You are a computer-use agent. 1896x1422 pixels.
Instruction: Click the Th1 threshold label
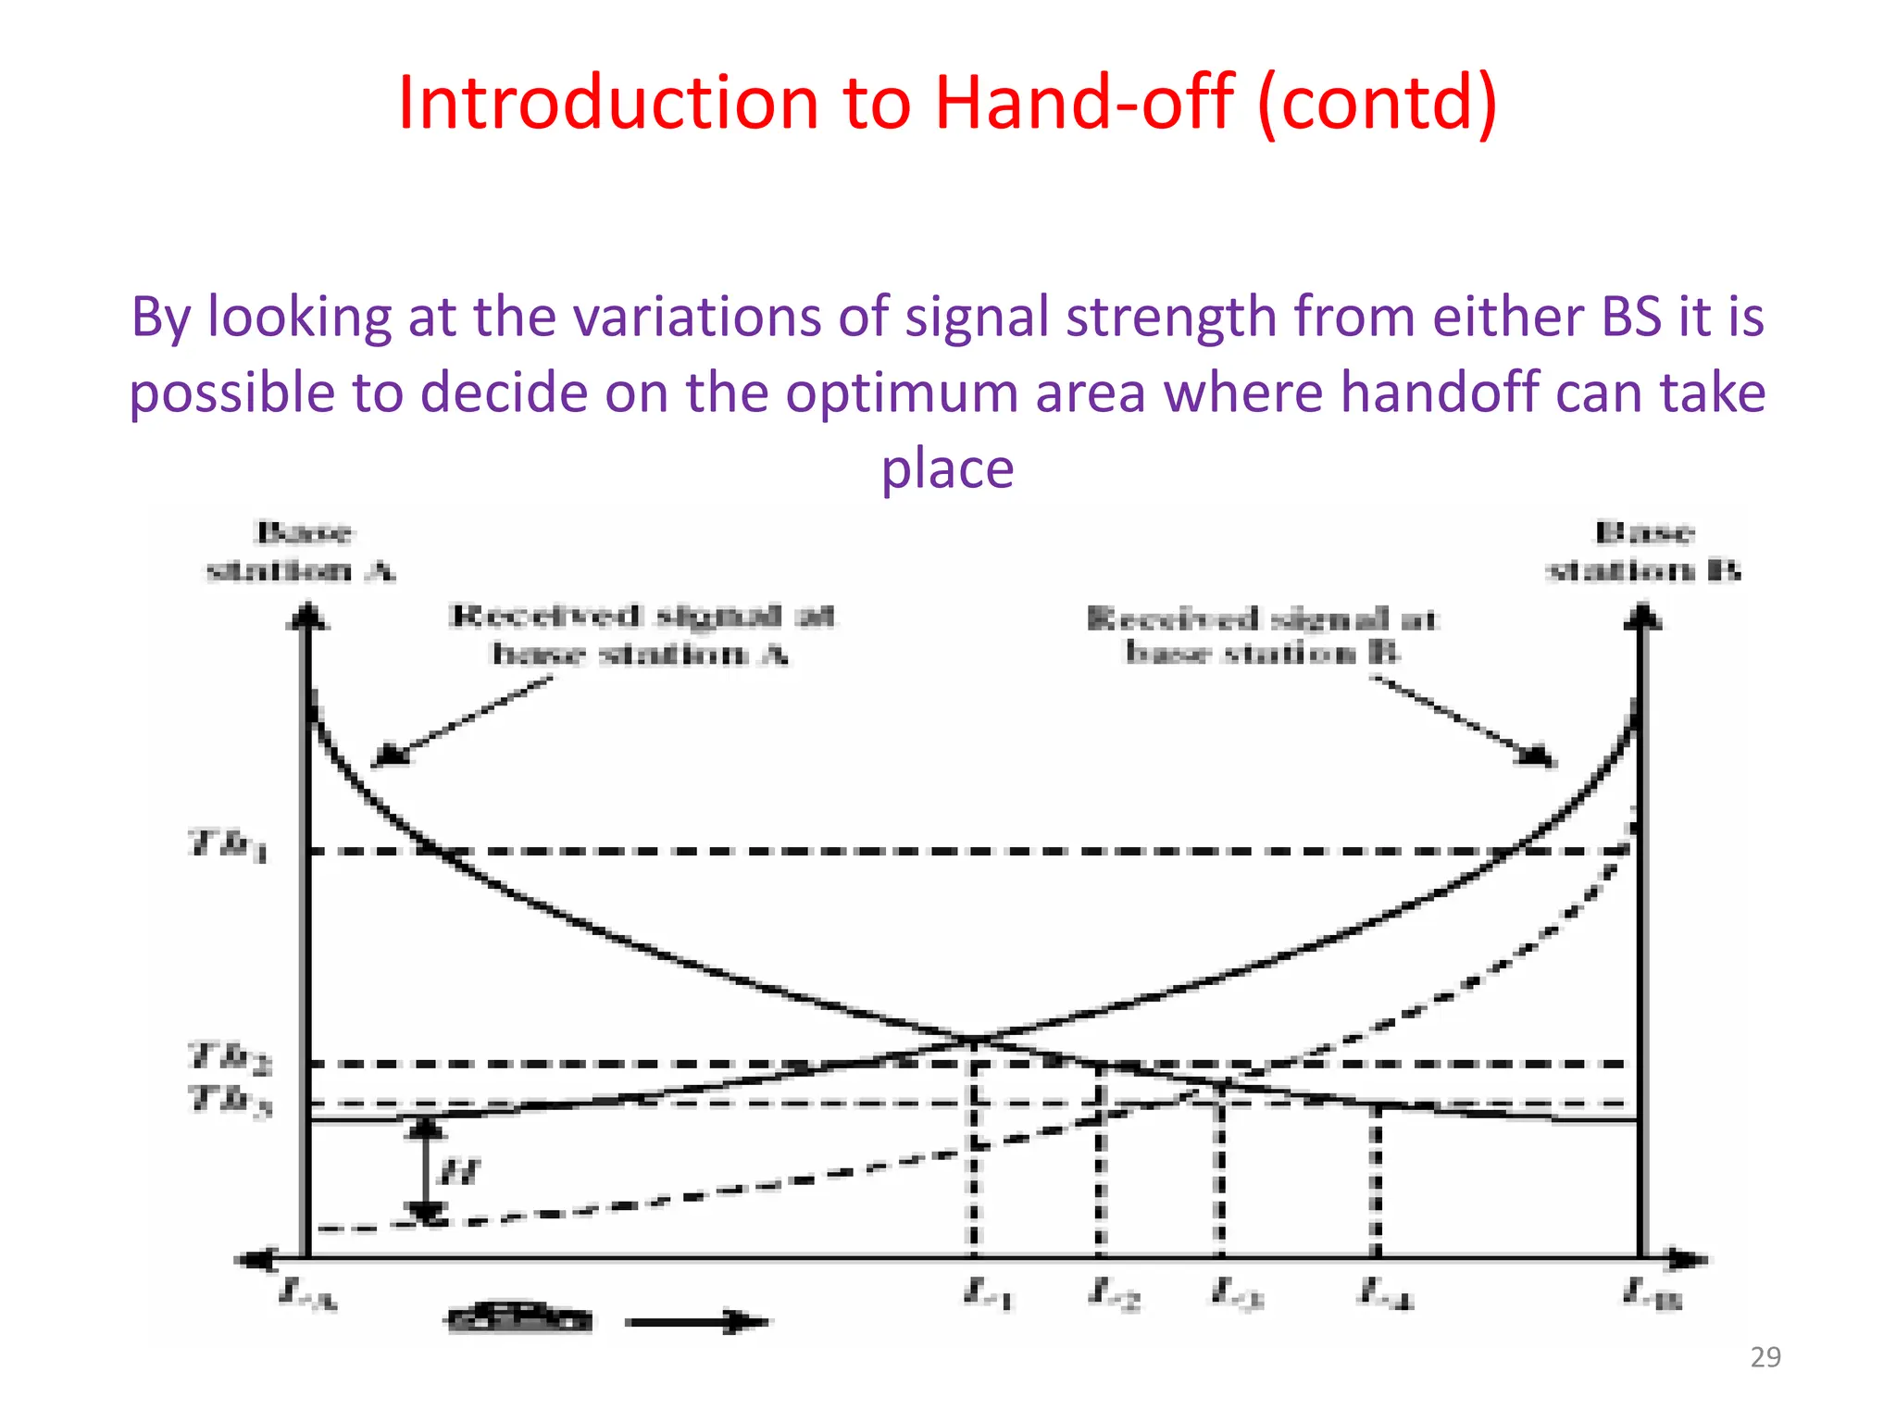229,845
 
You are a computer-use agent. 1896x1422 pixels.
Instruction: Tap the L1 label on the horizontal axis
988,1292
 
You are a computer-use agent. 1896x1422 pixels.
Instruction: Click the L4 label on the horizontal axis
1386,1292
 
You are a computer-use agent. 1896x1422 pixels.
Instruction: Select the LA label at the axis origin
307,1293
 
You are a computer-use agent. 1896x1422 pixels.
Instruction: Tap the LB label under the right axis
1652,1293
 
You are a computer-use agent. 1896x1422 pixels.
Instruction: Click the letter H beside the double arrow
458,1173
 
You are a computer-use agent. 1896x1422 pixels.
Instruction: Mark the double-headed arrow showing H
426,1171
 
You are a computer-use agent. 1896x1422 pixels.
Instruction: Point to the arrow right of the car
696,1322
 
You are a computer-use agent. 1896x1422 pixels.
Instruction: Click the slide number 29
1765,1357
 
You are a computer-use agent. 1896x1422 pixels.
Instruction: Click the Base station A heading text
302,552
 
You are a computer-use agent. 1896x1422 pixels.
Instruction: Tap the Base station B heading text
1644,552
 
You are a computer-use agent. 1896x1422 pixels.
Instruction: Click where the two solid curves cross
975,1040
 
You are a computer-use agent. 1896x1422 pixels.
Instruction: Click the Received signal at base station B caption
1261,636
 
